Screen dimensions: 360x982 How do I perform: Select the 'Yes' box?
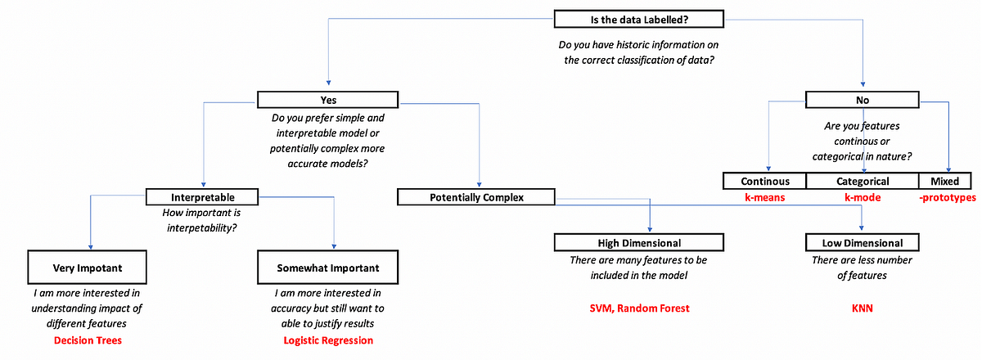pos(327,100)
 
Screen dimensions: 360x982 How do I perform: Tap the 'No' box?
pos(863,100)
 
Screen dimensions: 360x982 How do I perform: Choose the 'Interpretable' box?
pos(202,197)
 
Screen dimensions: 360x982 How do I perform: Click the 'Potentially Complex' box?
pos(475,197)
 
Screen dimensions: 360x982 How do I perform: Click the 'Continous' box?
pos(765,181)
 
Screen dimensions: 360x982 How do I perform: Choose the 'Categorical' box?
pos(863,181)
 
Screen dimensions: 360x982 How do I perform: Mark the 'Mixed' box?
pos(946,181)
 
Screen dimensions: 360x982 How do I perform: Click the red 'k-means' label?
pos(765,198)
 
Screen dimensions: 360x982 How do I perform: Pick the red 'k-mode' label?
pos(863,198)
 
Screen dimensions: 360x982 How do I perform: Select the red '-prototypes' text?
pos(946,198)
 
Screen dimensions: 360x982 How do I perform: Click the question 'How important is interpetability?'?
pos(202,221)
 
